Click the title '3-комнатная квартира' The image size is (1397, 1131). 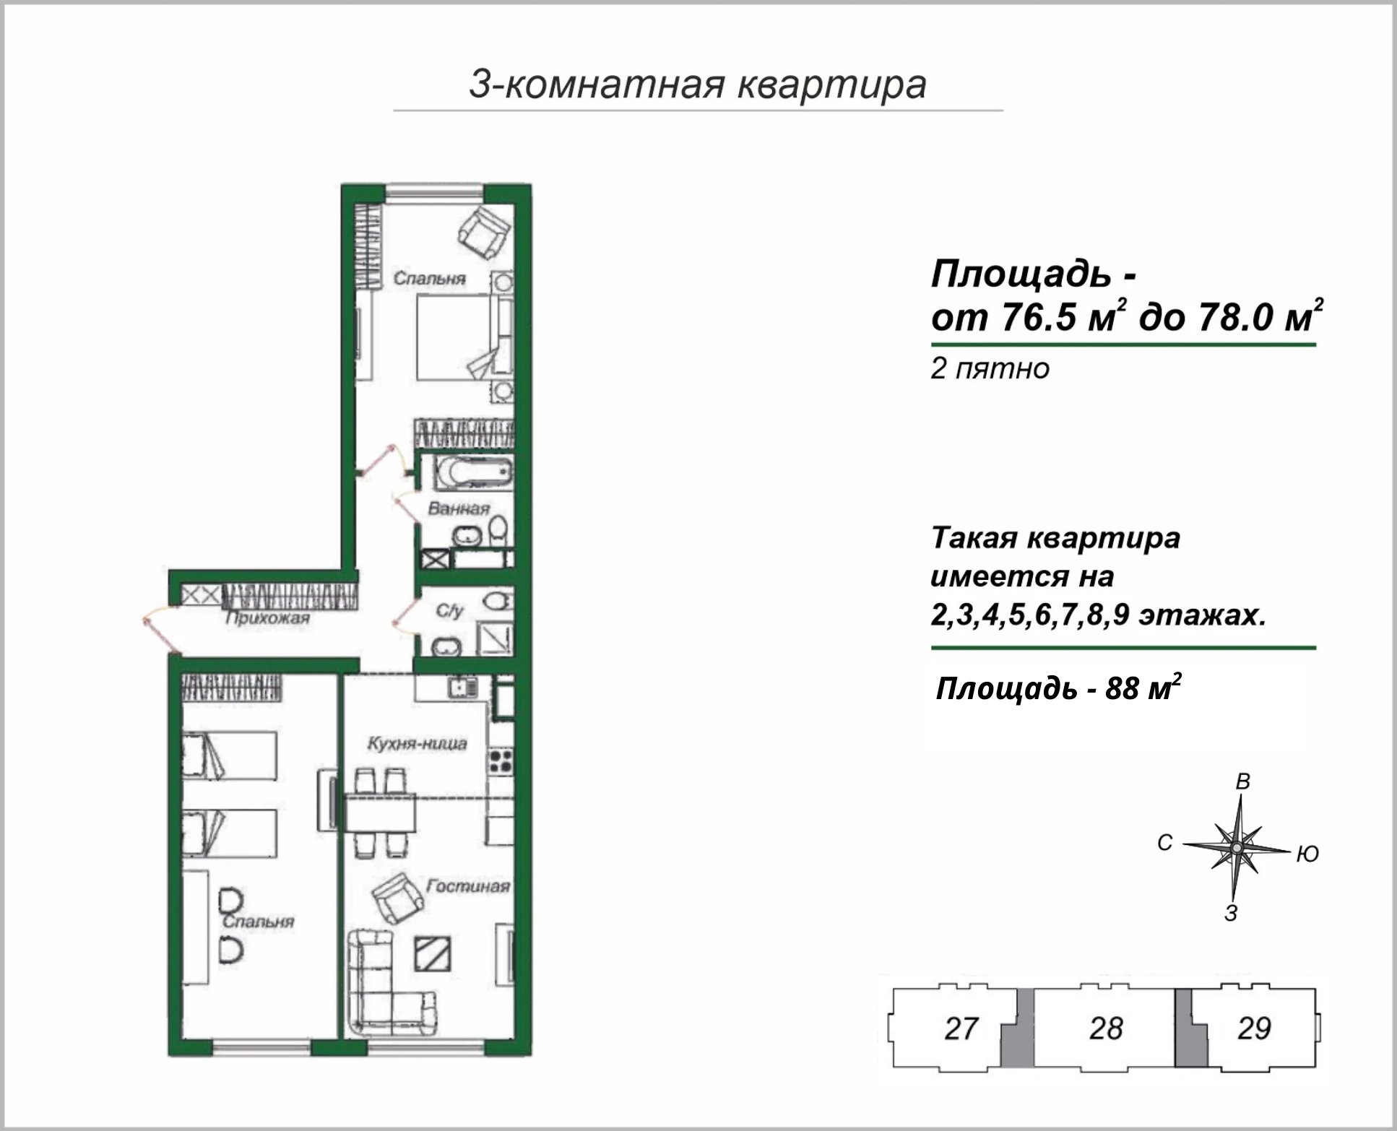coord(698,84)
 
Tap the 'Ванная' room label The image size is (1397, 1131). coord(459,508)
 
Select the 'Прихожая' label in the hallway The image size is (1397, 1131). coord(267,618)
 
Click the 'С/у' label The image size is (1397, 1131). coord(449,611)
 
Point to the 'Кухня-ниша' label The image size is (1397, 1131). coord(417,743)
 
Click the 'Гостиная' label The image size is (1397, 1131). coord(467,885)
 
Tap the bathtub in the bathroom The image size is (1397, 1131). coord(473,473)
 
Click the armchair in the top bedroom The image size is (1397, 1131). coord(484,232)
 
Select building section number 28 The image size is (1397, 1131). coord(1106,1028)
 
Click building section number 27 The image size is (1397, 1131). coord(961,1028)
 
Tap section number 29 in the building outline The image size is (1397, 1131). coord(1254,1028)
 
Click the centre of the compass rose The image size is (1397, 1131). coord(1237,846)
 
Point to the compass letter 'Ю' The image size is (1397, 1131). coord(1307,854)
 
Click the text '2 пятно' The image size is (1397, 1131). coord(990,369)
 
